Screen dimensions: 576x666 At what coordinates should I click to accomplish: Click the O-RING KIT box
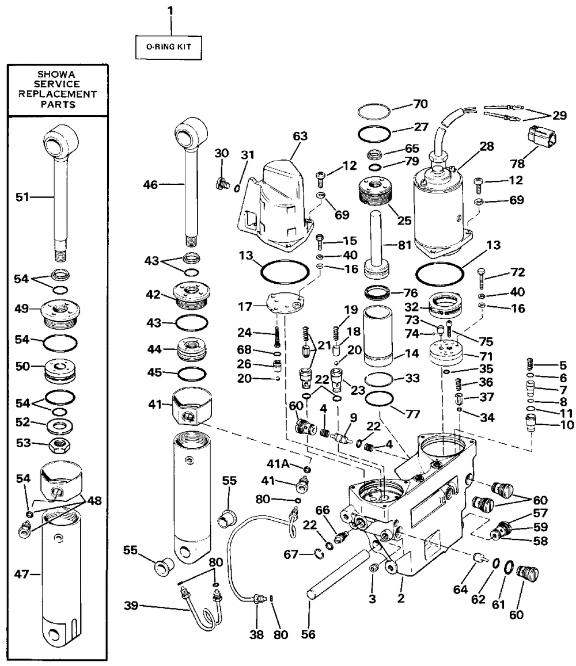click(168, 47)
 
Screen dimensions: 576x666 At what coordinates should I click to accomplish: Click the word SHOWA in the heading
click(56, 74)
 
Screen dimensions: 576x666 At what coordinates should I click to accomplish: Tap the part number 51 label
click(22, 197)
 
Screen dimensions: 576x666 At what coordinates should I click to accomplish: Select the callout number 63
click(300, 136)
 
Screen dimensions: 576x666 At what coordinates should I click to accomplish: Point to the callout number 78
click(517, 163)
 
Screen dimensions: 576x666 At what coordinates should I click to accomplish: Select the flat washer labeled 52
click(59, 425)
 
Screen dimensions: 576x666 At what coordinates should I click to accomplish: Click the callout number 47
click(22, 574)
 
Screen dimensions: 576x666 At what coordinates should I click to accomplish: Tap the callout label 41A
click(278, 463)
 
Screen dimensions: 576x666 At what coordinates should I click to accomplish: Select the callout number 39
click(131, 605)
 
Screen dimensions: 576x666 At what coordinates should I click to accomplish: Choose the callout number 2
click(400, 599)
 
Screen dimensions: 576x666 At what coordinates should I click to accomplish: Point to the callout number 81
click(405, 245)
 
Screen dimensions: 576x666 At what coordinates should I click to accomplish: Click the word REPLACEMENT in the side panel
click(58, 94)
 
